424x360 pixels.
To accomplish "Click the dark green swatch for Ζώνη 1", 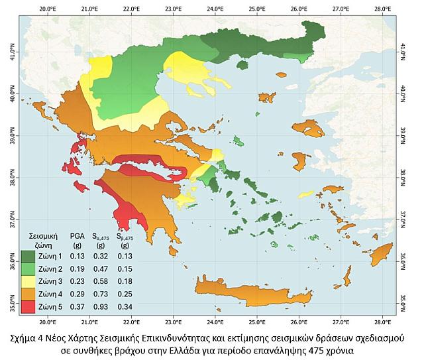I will [29, 256].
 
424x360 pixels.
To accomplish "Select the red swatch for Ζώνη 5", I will [29, 306].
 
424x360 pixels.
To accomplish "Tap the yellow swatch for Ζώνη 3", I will [29, 281].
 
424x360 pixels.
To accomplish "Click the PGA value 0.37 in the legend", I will [78, 306].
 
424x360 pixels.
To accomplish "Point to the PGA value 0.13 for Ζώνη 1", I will [78, 256].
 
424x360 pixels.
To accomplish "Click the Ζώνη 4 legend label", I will [51, 294].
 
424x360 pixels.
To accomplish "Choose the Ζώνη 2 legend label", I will [51, 269].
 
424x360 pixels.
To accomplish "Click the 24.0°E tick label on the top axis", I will [215, 9].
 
